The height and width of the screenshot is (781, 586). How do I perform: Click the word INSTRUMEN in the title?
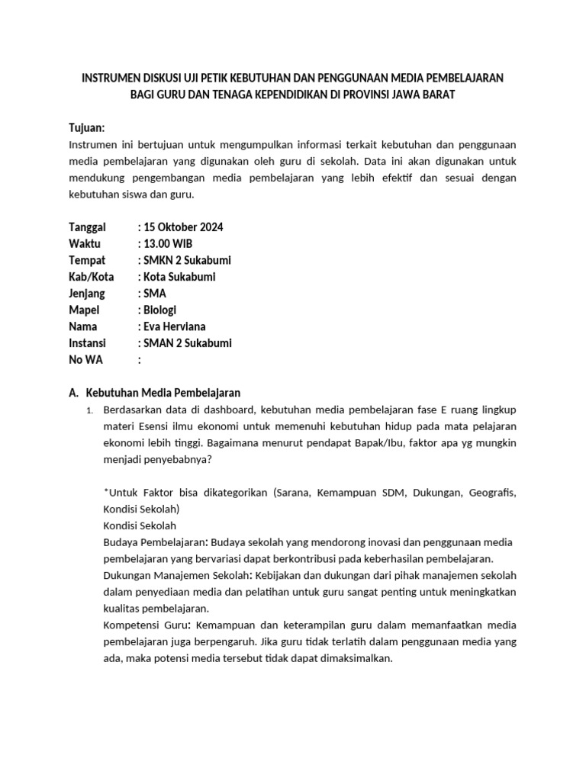pos(113,78)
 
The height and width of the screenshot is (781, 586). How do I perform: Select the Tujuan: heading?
pos(87,127)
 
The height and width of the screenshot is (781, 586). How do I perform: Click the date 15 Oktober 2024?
pos(183,227)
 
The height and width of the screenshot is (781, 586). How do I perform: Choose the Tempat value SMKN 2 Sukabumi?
pos(187,260)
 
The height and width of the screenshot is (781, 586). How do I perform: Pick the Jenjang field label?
pos(88,294)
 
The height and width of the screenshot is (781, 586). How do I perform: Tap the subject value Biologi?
pos(159,310)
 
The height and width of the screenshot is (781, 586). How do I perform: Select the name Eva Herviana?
pos(175,326)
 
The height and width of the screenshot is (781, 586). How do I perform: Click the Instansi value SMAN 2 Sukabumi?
pos(188,343)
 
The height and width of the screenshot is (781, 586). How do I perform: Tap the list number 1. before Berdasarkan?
pos(89,411)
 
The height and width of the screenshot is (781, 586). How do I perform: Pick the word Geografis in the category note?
pos(491,493)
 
